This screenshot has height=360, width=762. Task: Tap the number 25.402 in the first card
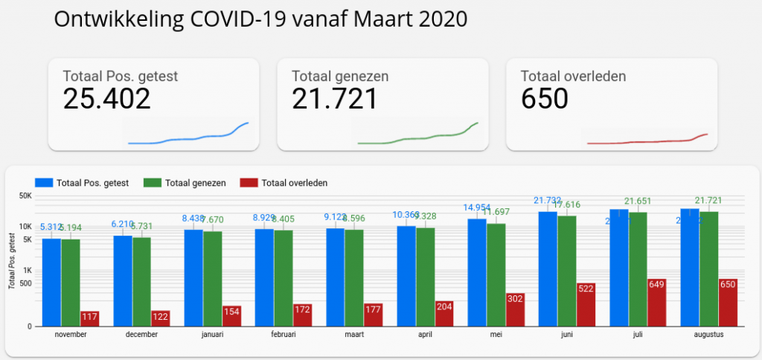[x=106, y=99]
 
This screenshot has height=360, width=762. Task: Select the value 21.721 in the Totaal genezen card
[x=334, y=99]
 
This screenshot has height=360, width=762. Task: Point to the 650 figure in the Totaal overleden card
[x=545, y=99]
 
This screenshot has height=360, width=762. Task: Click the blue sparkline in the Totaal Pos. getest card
[x=189, y=136]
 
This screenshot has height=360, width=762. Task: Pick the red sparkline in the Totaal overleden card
[x=647, y=140]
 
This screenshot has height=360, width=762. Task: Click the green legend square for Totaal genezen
[x=153, y=182]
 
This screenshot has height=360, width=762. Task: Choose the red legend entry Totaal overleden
[x=284, y=182]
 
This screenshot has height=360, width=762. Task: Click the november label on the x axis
[x=71, y=335]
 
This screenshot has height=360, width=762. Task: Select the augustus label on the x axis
[x=708, y=335]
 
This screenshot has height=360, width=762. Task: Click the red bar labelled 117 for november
[x=90, y=318]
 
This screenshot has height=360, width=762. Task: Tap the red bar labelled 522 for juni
[x=586, y=304]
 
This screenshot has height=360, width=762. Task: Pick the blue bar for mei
[x=477, y=272]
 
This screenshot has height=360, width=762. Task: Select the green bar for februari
[x=284, y=277]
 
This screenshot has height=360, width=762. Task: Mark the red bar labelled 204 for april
[x=444, y=313]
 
